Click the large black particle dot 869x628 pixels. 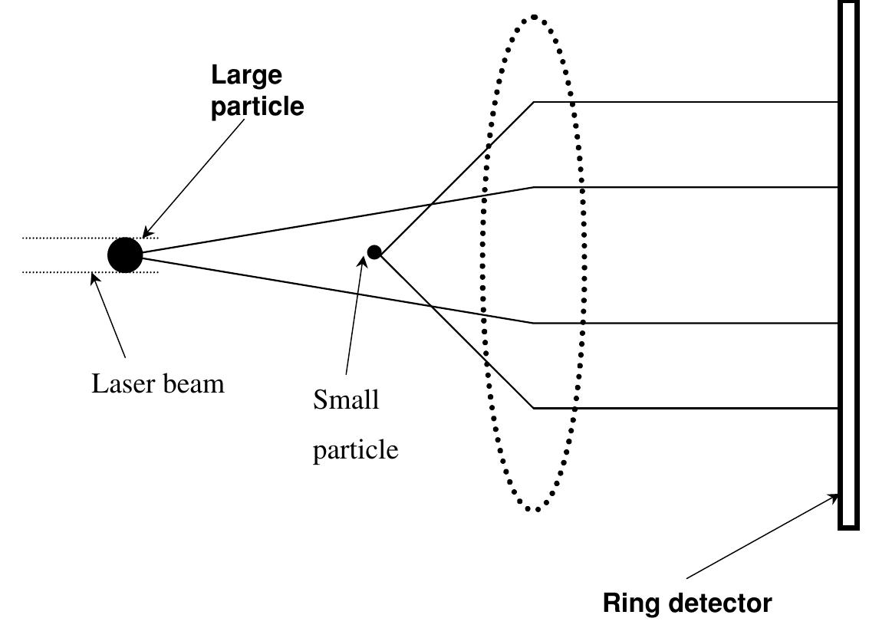125,255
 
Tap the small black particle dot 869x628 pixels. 374,252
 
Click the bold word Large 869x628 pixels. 247,75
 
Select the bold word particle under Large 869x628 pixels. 258,106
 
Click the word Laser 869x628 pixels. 124,383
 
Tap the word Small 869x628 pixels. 346,399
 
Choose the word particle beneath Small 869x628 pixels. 355,449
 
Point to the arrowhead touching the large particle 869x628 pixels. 146,233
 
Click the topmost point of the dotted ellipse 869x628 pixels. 534,16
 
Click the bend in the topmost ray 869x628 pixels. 534,102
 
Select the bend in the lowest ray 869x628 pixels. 534,408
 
